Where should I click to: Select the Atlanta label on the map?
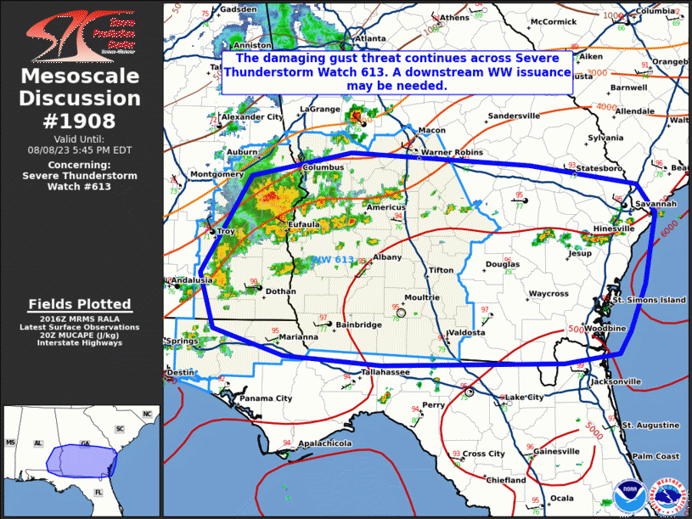point(370,38)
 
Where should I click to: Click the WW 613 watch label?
point(334,259)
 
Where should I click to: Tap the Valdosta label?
point(467,333)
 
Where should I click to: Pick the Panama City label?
point(265,398)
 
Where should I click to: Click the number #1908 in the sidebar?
point(80,121)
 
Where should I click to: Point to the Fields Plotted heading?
point(80,304)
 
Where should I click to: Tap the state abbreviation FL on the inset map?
point(98,493)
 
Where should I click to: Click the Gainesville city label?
point(557,451)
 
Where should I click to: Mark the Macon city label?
point(431,130)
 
